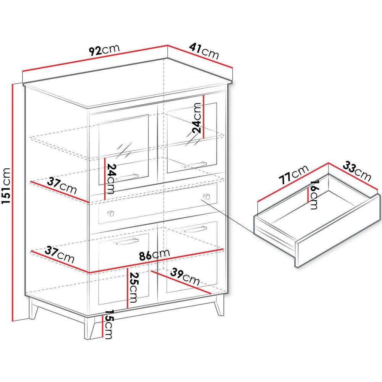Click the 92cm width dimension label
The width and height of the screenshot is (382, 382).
click(x=104, y=50)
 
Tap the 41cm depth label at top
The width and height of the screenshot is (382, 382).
click(x=204, y=51)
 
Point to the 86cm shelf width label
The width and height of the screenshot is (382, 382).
click(x=154, y=255)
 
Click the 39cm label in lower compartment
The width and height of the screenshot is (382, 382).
click(x=185, y=277)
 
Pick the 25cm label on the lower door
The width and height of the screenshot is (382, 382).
click(x=134, y=287)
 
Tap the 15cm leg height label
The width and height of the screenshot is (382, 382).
click(x=108, y=324)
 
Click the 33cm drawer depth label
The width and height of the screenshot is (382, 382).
click(x=357, y=172)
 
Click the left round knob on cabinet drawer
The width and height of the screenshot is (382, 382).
click(x=111, y=214)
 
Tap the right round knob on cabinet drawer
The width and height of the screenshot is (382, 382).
click(x=207, y=196)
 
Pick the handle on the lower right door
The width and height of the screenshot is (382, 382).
click(x=194, y=229)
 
